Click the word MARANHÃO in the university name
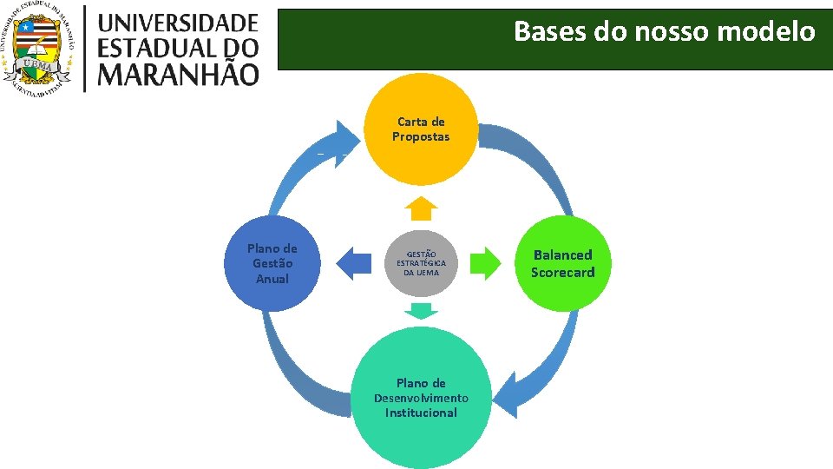pyautogui.click(x=178, y=72)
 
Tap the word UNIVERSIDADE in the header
pyautogui.click(x=178, y=23)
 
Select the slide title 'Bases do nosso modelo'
pyautogui.click(x=664, y=32)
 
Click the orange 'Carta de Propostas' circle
pyautogui.click(x=421, y=129)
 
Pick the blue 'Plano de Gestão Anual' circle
pyautogui.click(x=272, y=263)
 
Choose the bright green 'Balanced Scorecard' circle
pyautogui.click(x=563, y=263)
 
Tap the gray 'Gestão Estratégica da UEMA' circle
pyautogui.click(x=421, y=263)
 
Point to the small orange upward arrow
pyautogui.click(x=421, y=209)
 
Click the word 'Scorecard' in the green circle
pyautogui.click(x=563, y=273)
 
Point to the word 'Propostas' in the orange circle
pyautogui.click(x=421, y=137)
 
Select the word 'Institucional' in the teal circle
pyautogui.click(x=421, y=413)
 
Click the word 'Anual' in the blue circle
pyautogui.click(x=272, y=279)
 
